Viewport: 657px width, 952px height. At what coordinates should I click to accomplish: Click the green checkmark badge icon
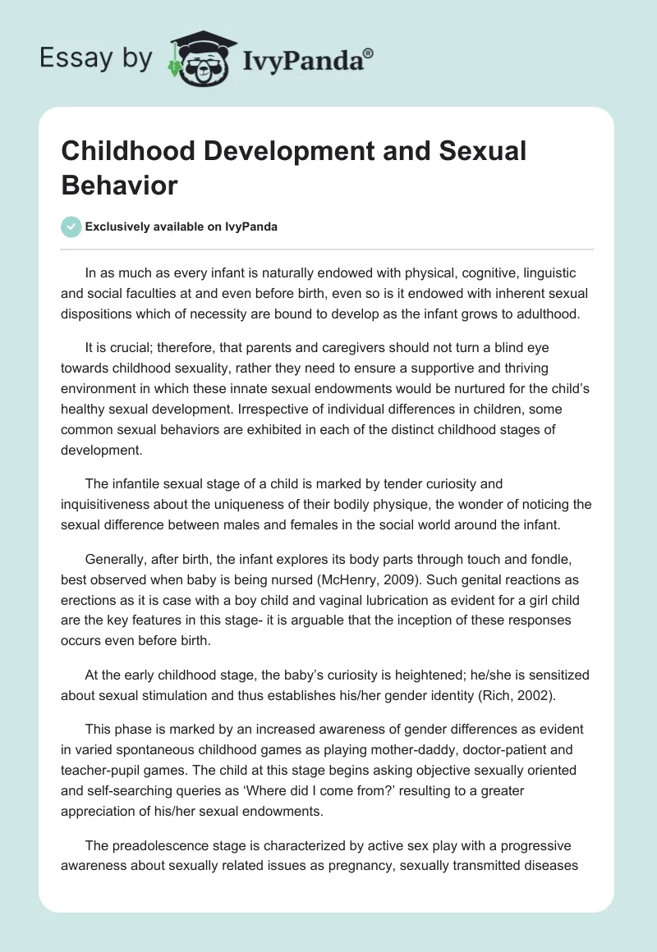click(x=71, y=227)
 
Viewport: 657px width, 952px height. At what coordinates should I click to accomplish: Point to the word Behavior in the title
click(x=119, y=185)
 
